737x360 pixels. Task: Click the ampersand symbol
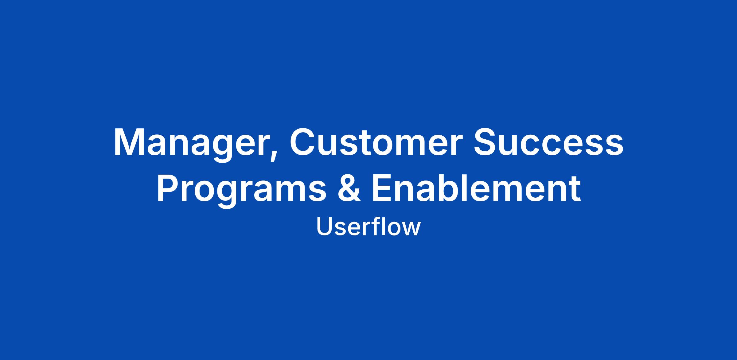349,187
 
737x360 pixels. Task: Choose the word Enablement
476,187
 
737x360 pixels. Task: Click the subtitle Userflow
368,227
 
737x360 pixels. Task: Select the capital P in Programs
169,187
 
